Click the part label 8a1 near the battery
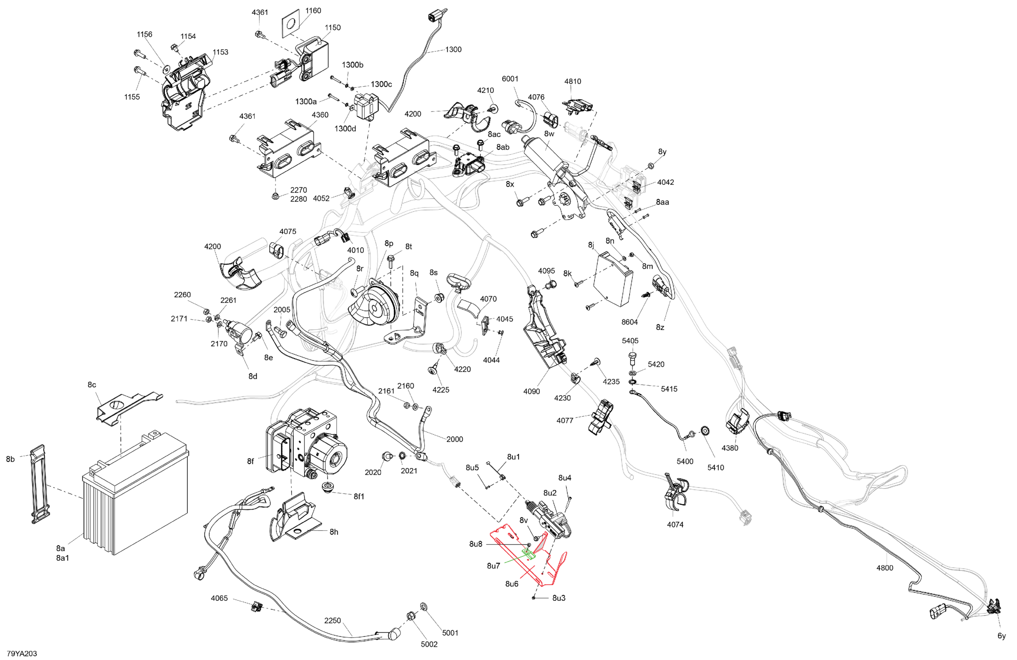(x=62, y=558)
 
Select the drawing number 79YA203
(x=22, y=653)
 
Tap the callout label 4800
(x=884, y=568)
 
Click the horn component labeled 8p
(x=375, y=304)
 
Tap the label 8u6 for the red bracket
(x=512, y=584)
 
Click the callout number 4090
(x=531, y=391)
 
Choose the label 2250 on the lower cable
(x=332, y=620)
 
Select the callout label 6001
(x=510, y=79)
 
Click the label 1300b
(x=352, y=65)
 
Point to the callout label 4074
(x=675, y=525)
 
